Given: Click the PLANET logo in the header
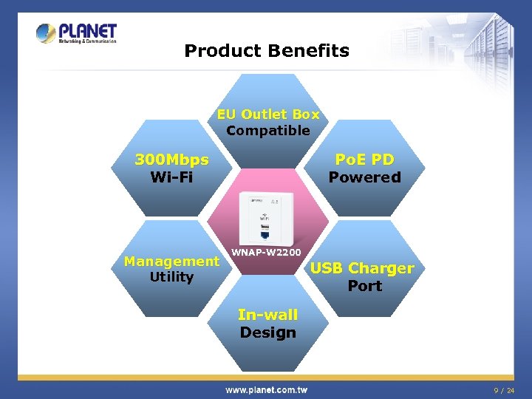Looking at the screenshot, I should click(76, 33).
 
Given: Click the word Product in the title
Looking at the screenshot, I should click(212, 51).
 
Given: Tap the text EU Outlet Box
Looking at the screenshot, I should click(267, 115).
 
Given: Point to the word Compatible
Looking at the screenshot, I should click(268, 131).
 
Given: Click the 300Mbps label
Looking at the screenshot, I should click(171, 160).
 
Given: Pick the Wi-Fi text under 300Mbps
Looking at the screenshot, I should click(171, 177).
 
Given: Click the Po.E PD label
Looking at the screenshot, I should click(364, 160).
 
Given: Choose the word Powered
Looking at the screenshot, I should click(364, 177).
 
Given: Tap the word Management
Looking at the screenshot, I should click(171, 261).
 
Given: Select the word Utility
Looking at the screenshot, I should click(171, 277).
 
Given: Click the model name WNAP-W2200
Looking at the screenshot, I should click(266, 253).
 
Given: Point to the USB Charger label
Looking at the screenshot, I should click(362, 268).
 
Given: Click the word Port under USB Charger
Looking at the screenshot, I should click(364, 286).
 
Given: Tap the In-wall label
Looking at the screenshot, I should click(267, 315).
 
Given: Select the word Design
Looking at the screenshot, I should click(267, 332).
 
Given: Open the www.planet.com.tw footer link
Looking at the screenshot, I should click(266, 389).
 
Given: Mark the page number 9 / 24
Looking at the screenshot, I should click(504, 389).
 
